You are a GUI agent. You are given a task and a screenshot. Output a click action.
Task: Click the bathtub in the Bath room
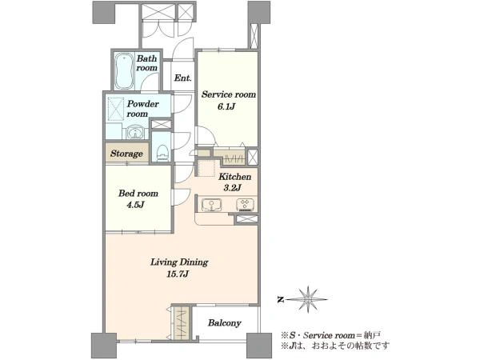[x=124, y=71]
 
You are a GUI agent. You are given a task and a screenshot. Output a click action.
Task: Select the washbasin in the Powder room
[x=134, y=133]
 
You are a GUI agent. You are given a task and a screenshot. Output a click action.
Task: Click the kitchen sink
[x=211, y=205]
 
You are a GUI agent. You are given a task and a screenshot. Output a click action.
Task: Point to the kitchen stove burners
[x=246, y=205]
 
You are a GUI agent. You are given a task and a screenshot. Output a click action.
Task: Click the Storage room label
[x=126, y=154]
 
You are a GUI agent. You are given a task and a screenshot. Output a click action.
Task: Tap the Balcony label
[x=224, y=322]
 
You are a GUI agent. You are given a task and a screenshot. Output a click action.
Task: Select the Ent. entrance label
[x=182, y=78]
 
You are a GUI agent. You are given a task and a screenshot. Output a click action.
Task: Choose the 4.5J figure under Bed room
[x=135, y=205]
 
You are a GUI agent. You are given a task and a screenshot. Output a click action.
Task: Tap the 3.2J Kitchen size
[x=233, y=187]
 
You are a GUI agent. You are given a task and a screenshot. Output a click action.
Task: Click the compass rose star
[x=308, y=299]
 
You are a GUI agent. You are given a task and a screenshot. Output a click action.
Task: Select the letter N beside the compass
[x=279, y=300]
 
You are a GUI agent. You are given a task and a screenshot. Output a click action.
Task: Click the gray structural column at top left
[x=104, y=12]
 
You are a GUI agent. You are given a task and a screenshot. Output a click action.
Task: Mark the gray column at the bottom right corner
[x=259, y=345]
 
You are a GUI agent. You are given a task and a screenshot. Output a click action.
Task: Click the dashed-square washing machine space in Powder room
[x=115, y=107]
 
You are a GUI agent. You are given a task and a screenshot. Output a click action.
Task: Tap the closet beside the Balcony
[x=181, y=322]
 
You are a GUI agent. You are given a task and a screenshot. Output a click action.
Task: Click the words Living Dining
[x=179, y=262]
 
